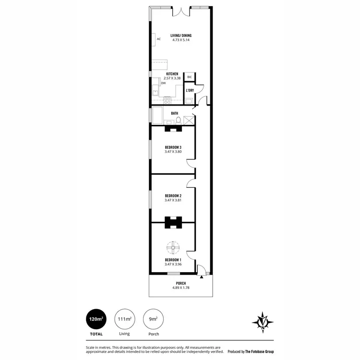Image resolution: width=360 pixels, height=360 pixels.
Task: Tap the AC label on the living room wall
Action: pos(158,39)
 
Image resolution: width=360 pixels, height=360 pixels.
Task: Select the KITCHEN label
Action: pos(172,74)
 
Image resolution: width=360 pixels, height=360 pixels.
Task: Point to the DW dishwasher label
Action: pos(164,83)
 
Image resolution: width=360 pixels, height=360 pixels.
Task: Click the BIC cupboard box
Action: pos(189,77)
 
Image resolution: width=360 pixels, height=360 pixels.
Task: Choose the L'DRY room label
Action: pos(190,90)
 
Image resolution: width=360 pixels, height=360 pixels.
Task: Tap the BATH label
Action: pos(175,113)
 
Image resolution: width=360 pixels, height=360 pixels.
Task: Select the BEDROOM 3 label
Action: pos(172,147)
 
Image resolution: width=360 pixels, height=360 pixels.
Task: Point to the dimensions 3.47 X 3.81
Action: pos(172,201)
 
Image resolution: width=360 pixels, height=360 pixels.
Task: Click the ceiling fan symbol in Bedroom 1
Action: pos(172,248)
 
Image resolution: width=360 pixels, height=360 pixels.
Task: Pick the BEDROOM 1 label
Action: pos(172,260)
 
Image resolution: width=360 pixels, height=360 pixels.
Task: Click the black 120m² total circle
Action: pos(96,319)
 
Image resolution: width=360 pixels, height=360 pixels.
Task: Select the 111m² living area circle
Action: pos(124,319)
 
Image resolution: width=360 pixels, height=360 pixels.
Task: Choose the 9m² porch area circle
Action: pos(153,319)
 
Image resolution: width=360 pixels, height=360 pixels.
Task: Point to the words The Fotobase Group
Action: pos(261,351)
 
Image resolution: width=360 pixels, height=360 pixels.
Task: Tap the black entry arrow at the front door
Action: pos(202,277)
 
